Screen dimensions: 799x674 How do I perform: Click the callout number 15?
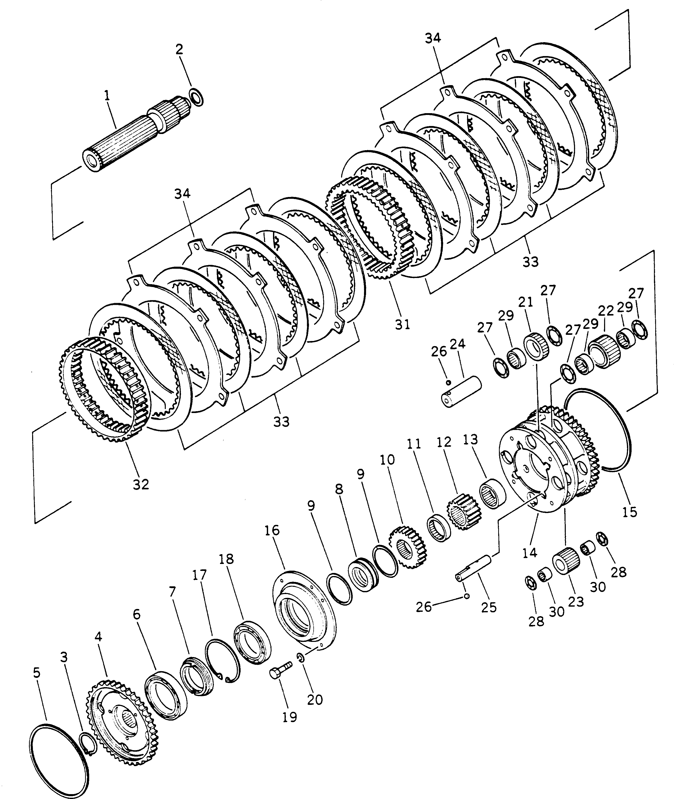pyautogui.click(x=630, y=511)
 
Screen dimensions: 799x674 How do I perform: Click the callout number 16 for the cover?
pyautogui.click(x=271, y=530)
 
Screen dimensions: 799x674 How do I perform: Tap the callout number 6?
pyautogui.click(x=136, y=614)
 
